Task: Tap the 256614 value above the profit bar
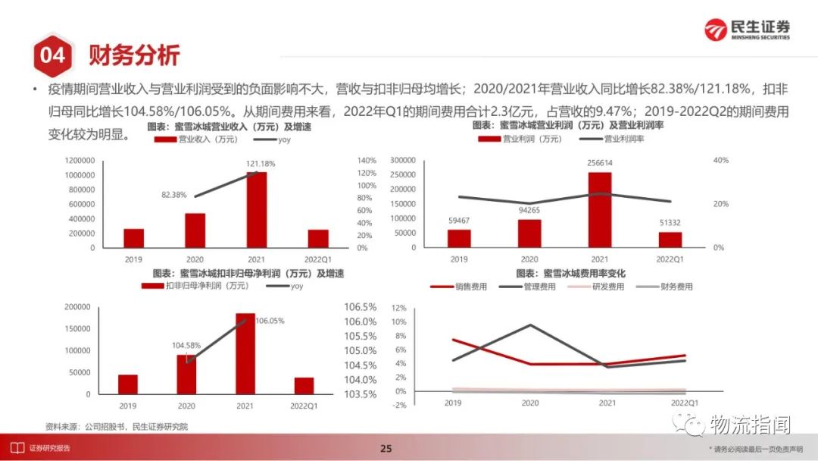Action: pyautogui.click(x=599, y=163)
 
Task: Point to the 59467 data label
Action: pyautogui.click(x=458, y=221)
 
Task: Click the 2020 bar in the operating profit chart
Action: pyautogui.click(x=529, y=234)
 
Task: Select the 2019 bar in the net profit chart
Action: pyautogui.click(x=128, y=384)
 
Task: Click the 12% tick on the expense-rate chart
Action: pyautogui.click(x=399, y=308)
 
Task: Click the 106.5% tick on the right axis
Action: pyautogui.click(x=361, y=307)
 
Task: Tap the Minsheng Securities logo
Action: pyautogui.click(x=746, y=30)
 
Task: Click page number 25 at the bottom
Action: pyautogui.click(x=386, y=449)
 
